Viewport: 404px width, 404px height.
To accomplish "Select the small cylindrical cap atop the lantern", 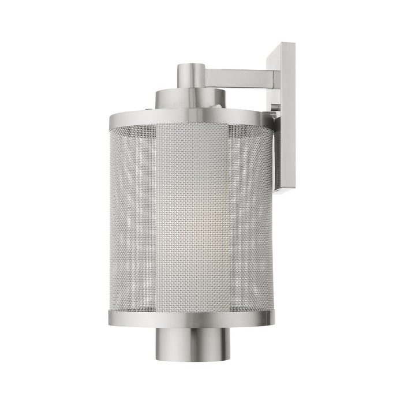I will (190, 74).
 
